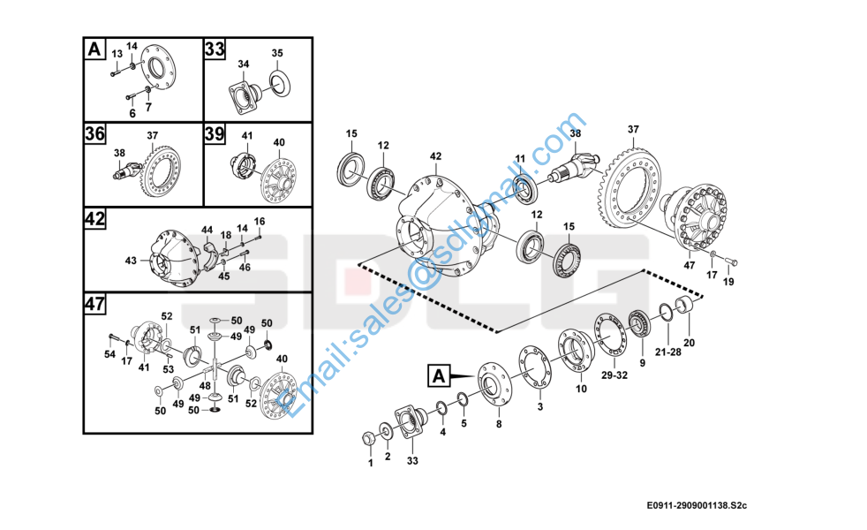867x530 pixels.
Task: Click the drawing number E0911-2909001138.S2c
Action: (697, 505)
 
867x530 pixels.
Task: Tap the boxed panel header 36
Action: (95, 134)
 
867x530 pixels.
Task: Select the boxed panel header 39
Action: (215, 134)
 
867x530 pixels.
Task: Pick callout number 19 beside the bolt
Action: (728, 282)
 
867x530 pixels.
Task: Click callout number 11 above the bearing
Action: (520, 159)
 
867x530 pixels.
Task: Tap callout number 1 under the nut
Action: (370, 462)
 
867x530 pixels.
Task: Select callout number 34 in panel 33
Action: (243, 64)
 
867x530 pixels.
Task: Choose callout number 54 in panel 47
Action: (109, 354)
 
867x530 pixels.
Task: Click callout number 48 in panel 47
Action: (205, 386)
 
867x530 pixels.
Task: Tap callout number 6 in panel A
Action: (132, 114)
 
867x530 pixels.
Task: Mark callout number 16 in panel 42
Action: (260, 221)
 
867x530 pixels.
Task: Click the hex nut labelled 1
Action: (370, 439)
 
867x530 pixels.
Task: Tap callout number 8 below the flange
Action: (498, 425)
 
